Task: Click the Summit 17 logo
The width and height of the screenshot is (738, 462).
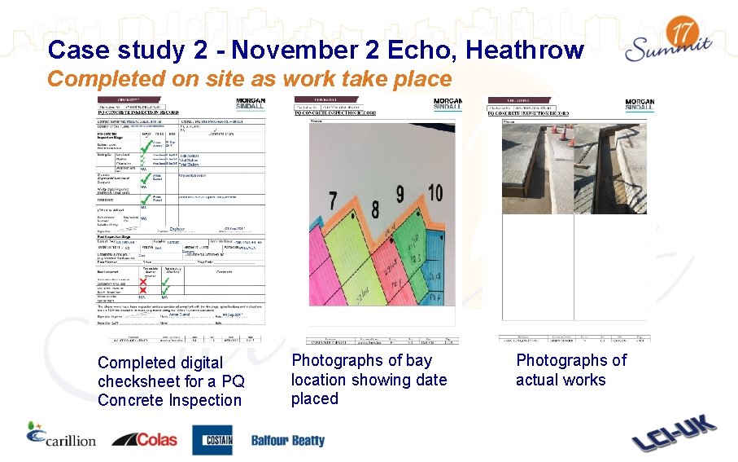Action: tap(669, 42)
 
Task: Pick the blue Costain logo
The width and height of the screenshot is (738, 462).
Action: tap(212, 440)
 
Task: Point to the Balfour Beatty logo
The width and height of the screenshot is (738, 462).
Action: tap(287, 441)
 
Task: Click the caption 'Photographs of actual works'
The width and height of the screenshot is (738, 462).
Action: tap(571, 370)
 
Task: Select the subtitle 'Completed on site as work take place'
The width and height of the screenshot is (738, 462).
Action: tap(249, 79)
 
